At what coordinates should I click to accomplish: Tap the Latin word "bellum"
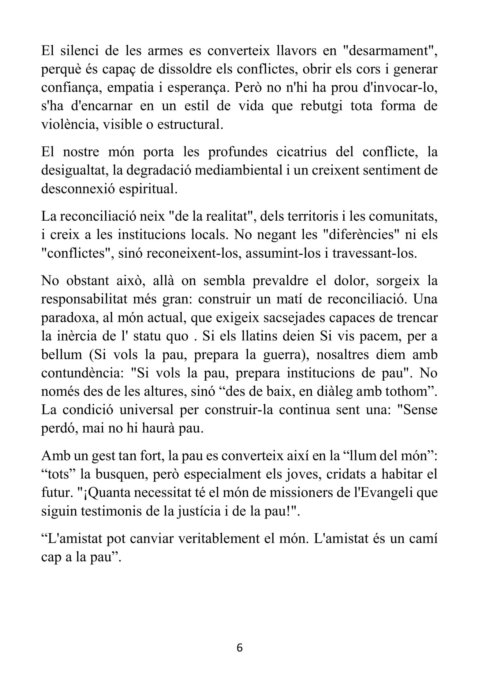click(62, 355)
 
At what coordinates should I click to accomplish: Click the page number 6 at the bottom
click(239, 648)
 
